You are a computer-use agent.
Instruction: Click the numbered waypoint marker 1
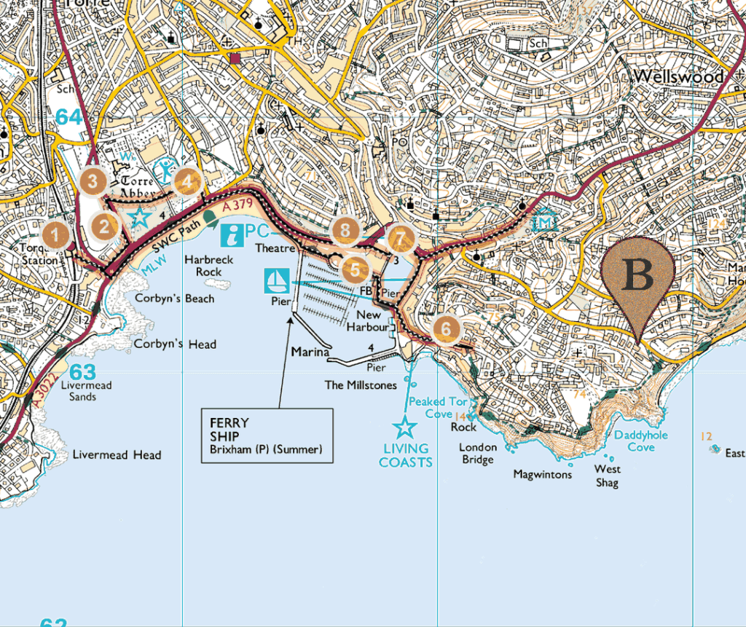56,235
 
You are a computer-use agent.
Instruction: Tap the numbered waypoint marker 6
446,328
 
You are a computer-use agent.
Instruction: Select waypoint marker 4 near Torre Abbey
187,181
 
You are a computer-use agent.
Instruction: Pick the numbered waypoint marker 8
345,231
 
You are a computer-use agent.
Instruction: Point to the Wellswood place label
678,76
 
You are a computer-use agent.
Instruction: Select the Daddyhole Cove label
640,441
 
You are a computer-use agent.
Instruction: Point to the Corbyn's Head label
175,344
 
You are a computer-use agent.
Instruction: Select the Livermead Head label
117,455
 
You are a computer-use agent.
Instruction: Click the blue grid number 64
69,117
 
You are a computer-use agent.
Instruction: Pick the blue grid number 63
82,372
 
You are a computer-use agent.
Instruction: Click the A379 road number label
236,209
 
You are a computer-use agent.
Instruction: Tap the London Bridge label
477,453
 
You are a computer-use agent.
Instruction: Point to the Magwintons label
543,474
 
